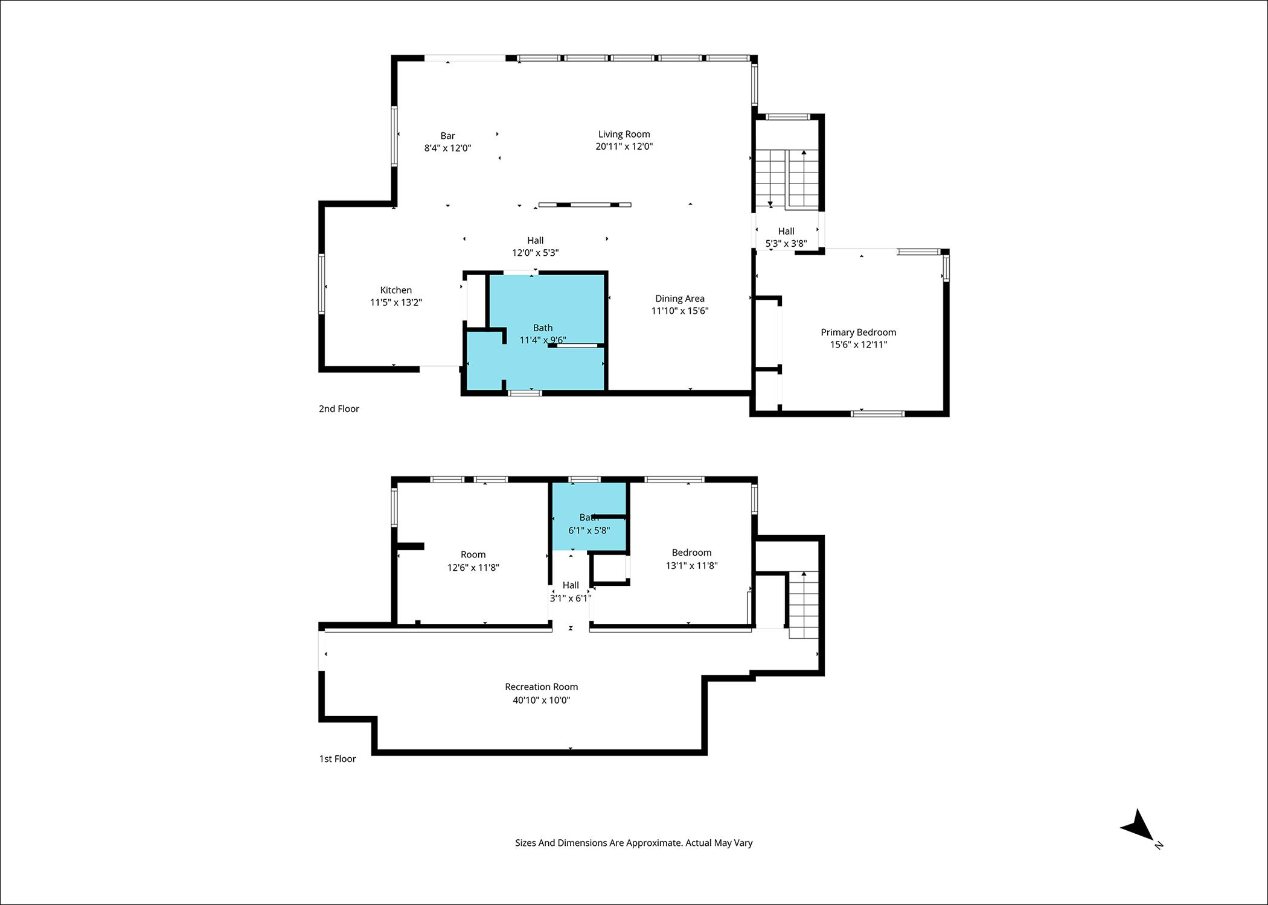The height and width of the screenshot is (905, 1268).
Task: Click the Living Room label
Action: tap(624, 134)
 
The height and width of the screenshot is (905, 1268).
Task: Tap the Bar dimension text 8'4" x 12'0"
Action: tap(447, 148)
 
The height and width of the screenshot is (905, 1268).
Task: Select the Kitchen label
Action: tap(396, 290)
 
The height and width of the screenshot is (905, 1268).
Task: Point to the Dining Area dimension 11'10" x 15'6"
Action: tap(680, 311)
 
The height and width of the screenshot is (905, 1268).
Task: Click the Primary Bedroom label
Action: tap(858, 332)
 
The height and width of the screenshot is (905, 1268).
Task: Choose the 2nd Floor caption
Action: tap(339, 408)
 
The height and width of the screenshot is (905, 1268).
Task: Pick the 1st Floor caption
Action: tap(338, 758)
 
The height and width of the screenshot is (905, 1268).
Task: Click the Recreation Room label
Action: tap(542, 687)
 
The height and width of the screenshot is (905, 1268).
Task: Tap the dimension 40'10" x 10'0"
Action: tap(542, 700)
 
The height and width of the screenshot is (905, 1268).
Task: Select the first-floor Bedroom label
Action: tap(691, 552)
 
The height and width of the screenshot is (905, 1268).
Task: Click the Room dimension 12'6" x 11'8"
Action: tap(473, 567)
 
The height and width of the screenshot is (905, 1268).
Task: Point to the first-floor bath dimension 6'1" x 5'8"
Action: tap(589, 530)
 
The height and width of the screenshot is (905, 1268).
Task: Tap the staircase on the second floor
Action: tap(787, 179)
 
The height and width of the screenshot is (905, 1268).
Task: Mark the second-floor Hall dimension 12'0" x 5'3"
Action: tap(535, 253)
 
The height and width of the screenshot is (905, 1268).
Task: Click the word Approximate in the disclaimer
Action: tap(654, 843)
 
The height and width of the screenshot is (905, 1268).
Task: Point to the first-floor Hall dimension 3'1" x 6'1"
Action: tap(571, 598)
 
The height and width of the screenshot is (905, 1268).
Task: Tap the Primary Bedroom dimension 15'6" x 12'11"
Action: tap(858, 345)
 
